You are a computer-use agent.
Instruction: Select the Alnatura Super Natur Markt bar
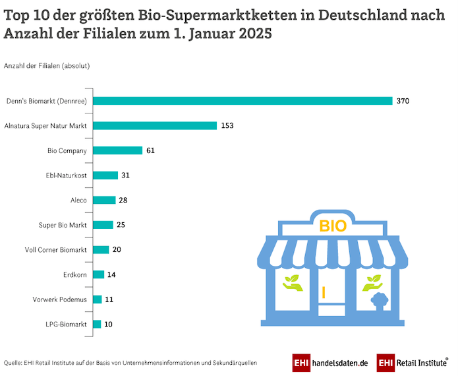[x=155, y=125]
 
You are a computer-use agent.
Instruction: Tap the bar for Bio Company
[x=117, y=150]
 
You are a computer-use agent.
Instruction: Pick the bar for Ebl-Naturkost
[x=105, y=175]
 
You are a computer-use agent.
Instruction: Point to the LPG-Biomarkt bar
[x=97, y=324]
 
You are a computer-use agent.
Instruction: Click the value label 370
[x=403, y=101]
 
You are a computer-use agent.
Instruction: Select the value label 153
[x=228, y=125]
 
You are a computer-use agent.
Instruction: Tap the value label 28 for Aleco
[x=124, y=200]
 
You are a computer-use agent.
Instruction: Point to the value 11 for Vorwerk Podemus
[x=109, y=299]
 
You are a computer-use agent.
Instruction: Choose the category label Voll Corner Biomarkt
[x=56, y=249]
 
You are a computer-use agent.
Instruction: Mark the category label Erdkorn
[x=74, y=274]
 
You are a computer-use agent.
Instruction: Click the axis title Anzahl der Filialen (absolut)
[x=47, y=66]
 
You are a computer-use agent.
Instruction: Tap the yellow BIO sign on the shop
[x=333, y=226]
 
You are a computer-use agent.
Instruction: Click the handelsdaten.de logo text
[x=340, y=362]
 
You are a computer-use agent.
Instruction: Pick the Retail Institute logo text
[x=420, y=362]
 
